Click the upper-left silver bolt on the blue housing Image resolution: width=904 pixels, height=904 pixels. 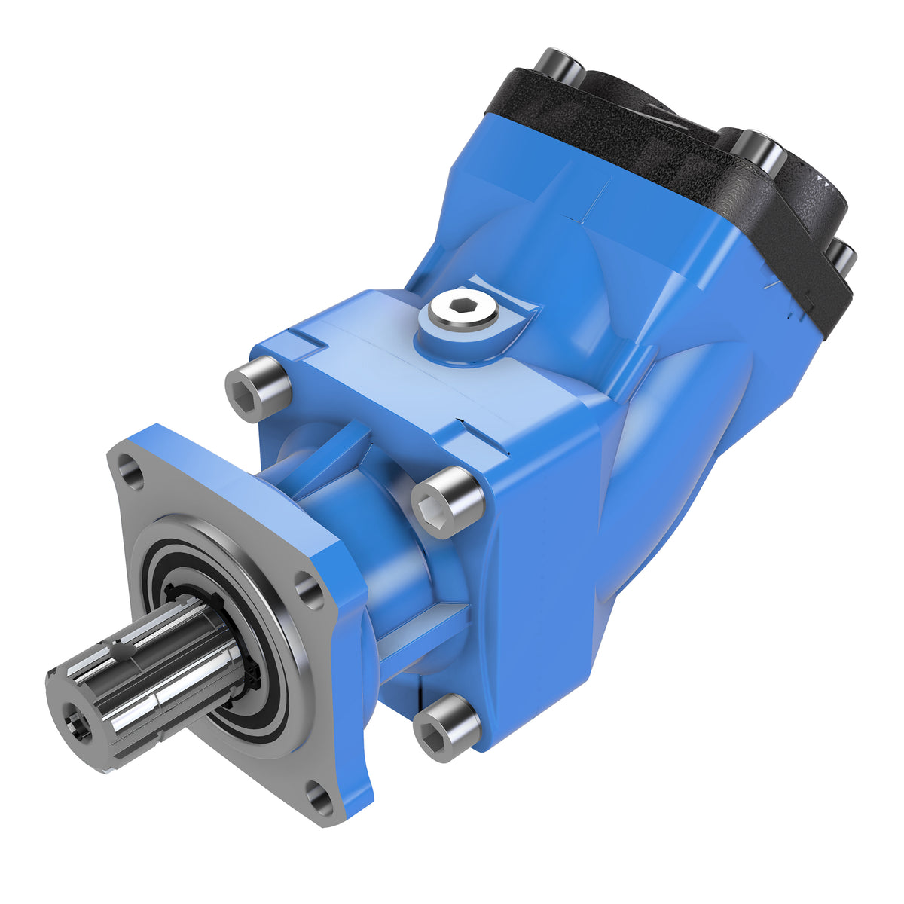(258, 387)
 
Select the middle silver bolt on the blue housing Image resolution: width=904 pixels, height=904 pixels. (447, 501)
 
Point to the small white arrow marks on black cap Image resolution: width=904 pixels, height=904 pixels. (825, 181)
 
